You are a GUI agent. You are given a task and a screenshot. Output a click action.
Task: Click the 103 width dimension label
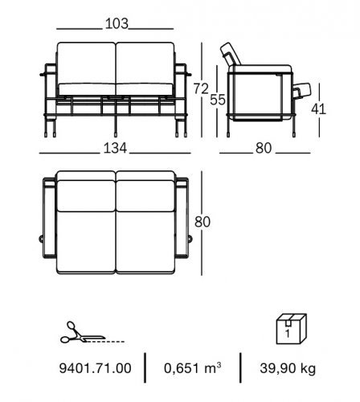click(x=117, y=23)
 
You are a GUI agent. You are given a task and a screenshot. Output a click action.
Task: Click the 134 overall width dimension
click(x=115, y=148)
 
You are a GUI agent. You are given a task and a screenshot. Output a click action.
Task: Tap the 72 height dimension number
click(x=201, y=88)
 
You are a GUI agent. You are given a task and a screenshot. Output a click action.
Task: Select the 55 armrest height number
click(x=218, y=100)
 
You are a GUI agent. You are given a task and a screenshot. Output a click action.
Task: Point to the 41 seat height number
click(x=318, y=109)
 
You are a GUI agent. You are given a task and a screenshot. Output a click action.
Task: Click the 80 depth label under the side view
click(x=264, y=148)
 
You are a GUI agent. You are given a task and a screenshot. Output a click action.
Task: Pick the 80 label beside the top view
click(x=202, y=222)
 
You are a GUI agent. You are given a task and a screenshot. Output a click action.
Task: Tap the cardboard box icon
click(x=292, y=329)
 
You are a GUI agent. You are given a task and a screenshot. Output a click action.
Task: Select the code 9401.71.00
click(x=95, y=368)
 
